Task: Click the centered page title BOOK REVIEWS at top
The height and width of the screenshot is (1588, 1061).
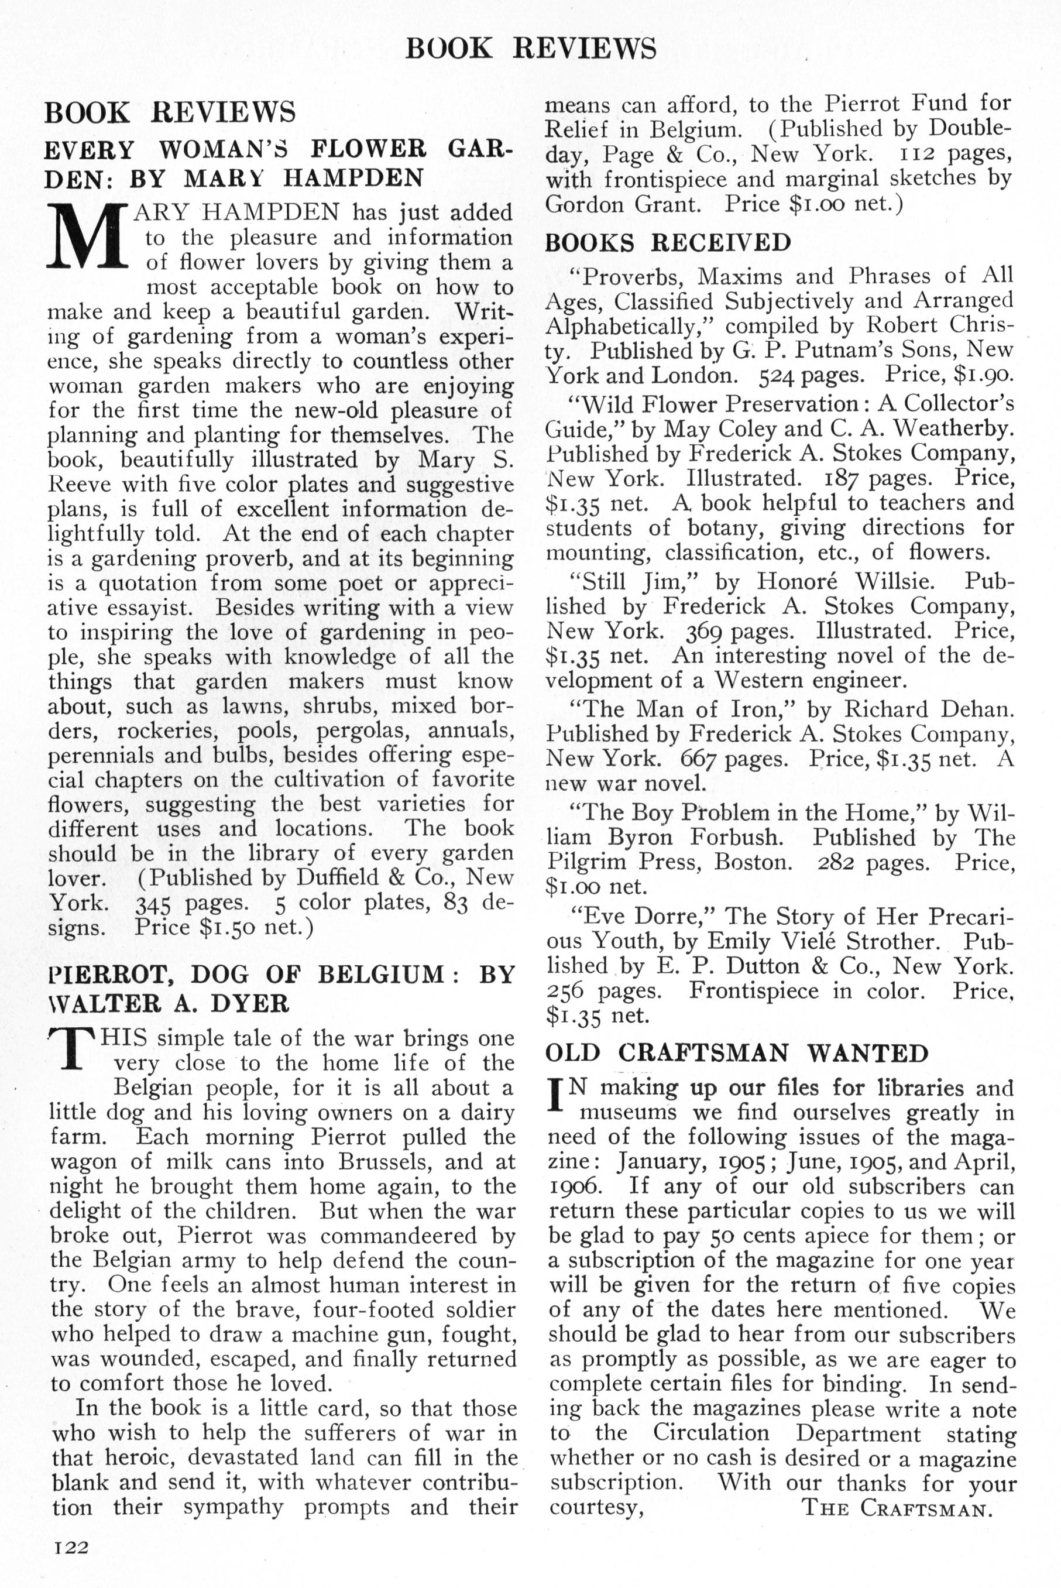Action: coord(530,49)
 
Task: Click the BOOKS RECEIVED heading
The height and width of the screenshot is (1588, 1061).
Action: coord(668,242)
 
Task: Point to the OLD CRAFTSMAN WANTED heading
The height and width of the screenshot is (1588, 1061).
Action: coord(737,1053)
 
